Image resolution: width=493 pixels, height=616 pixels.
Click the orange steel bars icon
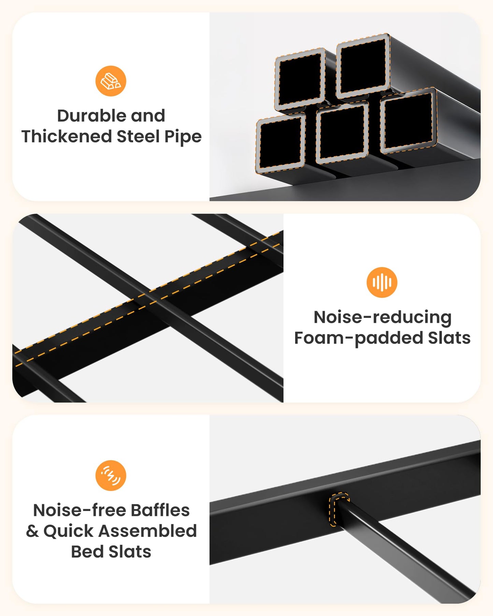pos(111,81)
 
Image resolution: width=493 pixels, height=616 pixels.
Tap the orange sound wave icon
pos(382,282)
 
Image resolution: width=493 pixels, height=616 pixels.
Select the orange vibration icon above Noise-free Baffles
pos(111,475)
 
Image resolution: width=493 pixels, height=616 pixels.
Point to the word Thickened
pos(67,136)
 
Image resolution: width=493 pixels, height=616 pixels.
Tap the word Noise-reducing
pos(382,318)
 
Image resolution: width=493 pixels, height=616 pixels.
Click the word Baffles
pos(160,510)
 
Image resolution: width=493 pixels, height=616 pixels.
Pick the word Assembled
pos(148,531)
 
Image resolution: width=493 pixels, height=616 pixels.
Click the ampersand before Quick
pos(32,531)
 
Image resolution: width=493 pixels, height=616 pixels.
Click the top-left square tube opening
pos(300,79)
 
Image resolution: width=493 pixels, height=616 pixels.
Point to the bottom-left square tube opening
pos(281,144)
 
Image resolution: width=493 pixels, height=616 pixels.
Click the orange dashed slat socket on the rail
pos(339,509)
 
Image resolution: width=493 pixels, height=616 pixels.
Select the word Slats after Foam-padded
pos(449,338)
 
